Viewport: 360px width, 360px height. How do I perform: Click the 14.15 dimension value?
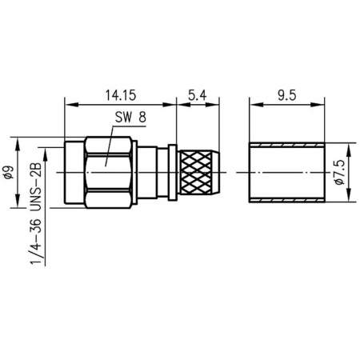pyautogui.click(x=119, y=94)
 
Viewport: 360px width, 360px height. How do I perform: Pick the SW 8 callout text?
pyautogui.click(x=130, y=118)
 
